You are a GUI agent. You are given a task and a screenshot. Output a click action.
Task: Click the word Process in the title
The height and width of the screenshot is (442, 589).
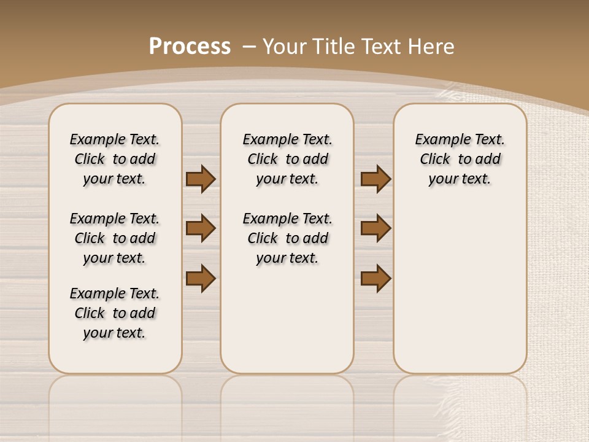pos(190,47)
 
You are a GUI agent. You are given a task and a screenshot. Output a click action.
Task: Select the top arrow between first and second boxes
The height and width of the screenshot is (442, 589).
pos(201,179)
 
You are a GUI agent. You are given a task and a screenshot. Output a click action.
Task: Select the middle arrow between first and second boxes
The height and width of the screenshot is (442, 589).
pos(201,228)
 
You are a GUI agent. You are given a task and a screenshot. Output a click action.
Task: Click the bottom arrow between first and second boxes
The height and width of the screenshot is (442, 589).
pos(201,278)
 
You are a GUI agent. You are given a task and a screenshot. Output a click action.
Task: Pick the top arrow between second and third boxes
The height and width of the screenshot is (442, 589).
pos(375,179)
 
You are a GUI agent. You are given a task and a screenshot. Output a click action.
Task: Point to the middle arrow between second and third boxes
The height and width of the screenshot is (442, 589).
pos(375,228)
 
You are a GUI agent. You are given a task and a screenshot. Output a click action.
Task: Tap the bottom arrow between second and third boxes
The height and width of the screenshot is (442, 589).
pos(375,278)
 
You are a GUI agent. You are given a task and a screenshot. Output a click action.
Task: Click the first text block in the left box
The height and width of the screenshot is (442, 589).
pos(115,159)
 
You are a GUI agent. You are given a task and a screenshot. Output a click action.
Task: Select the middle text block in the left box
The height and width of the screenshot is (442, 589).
pos(115,238)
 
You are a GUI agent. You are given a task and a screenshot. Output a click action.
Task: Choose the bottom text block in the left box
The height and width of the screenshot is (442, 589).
pos(115,313)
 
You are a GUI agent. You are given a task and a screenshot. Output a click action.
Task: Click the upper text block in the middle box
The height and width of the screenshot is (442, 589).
pos(287,159)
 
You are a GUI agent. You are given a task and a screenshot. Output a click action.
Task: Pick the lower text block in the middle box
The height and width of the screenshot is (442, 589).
pos(287,238)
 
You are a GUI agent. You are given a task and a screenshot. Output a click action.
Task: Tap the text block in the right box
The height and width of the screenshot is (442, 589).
pos(460,159)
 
